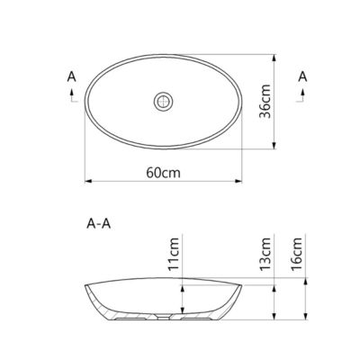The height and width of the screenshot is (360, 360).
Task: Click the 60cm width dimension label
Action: pyautogui.click(x=164, y=173)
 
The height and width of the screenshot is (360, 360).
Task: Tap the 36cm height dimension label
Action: pyautogui.click(x=265, y=102)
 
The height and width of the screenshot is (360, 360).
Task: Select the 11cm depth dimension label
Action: pyautogui.click(x=174, y=254)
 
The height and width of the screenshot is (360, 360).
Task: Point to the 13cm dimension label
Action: pyautogui.click(x=265, y=254)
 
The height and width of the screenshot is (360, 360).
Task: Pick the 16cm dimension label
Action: pyautogui.click(x=297, y=254)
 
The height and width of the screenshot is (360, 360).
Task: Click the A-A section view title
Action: pyautogui.click(x=99, y=224)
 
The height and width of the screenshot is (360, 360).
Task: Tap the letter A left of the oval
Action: pyautogui.click(x=71, y=76)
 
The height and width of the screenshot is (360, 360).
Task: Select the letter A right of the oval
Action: pyautogui.click(x=302, y=76)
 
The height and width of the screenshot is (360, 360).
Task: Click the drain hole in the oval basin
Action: pyautogui.click(x=164, y=102)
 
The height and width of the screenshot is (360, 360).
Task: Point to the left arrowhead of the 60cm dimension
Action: pyautogui.click(x=88, y=181)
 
